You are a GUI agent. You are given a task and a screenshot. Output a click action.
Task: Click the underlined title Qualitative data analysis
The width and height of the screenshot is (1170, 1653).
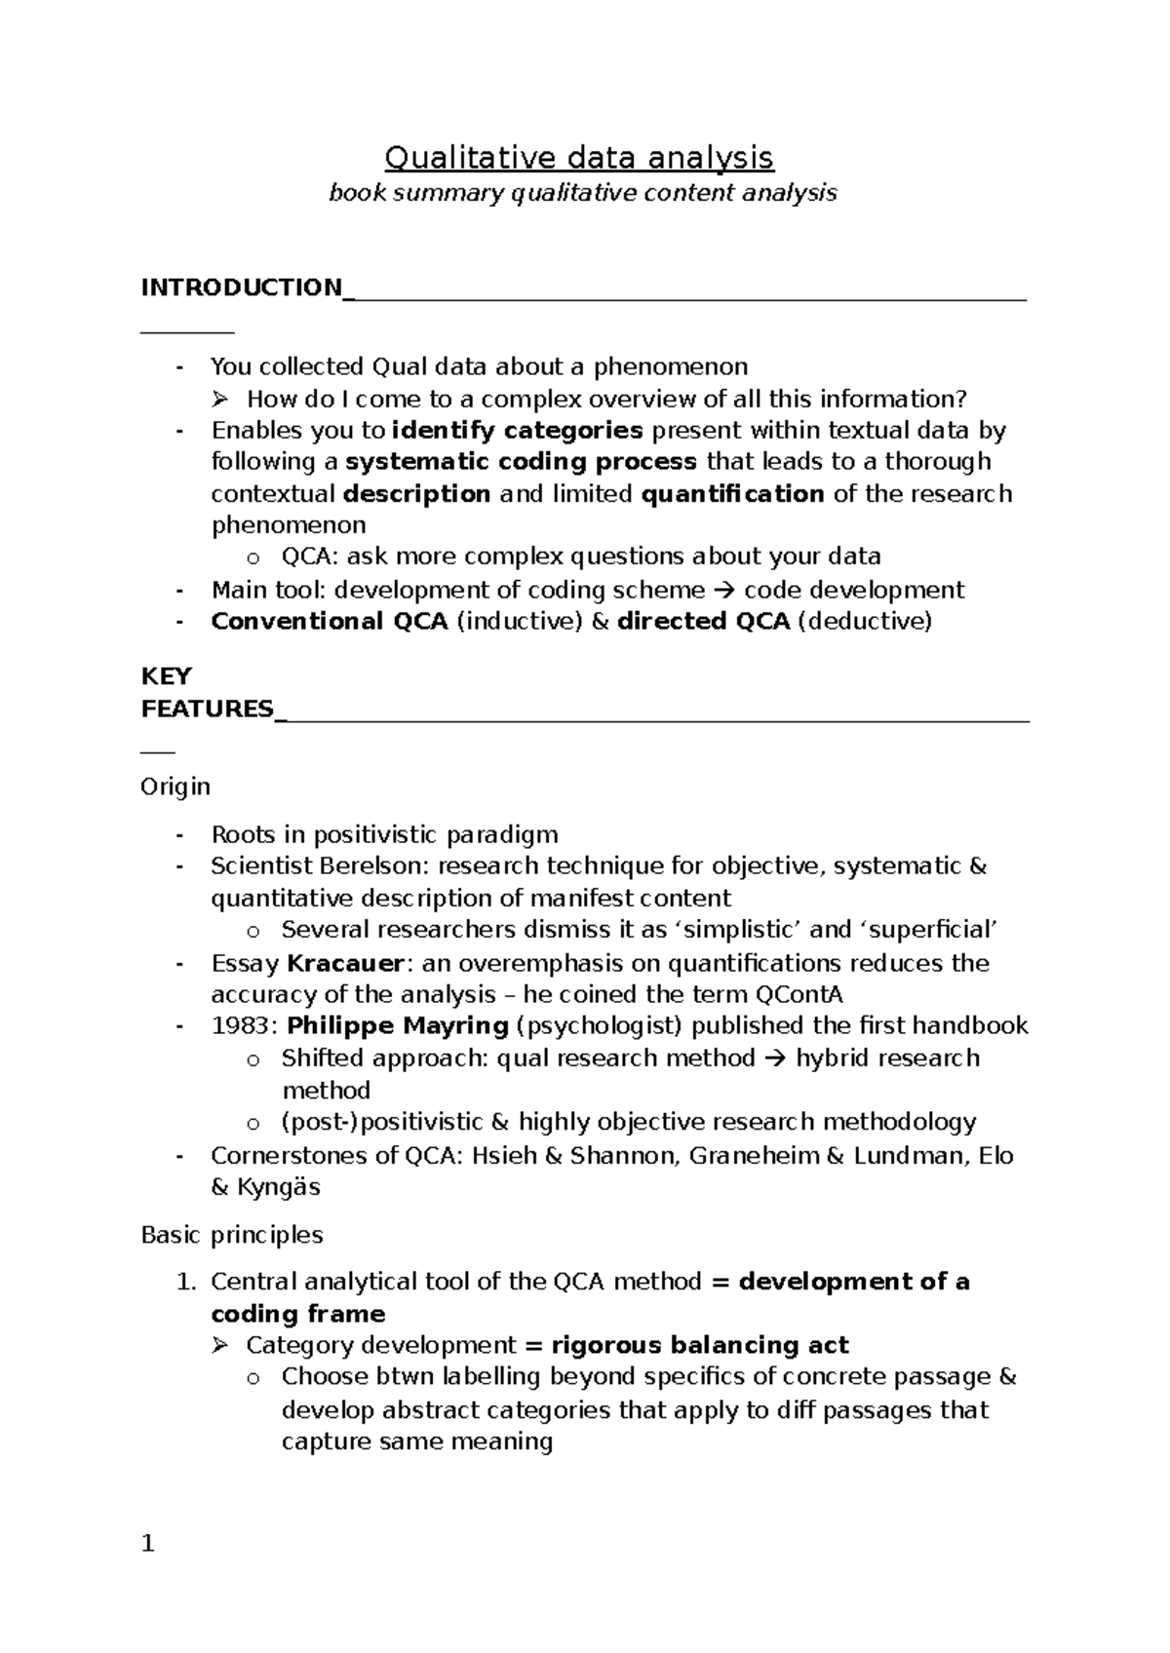click(x=579, y=157)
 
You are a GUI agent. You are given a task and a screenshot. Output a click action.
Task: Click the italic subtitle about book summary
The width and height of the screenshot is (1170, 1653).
click(x=582, y=193)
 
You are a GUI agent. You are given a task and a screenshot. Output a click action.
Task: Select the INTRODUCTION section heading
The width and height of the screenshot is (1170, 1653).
click(x=241, y=288)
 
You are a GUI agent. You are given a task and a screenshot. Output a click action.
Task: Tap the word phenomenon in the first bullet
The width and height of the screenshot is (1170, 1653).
click(x=671, y=366)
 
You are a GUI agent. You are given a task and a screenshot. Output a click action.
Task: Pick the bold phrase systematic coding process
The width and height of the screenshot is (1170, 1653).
click(x=522, y=461)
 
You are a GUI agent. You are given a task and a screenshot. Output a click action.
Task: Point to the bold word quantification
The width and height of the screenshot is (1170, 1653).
click(x=732, y=494)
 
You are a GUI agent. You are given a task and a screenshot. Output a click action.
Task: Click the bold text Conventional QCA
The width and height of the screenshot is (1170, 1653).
click(x=329, y=621)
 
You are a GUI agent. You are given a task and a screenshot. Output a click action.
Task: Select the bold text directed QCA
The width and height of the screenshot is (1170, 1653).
click(x=703, y=621)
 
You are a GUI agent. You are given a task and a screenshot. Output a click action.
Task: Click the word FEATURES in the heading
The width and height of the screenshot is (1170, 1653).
click(x=208, y=709)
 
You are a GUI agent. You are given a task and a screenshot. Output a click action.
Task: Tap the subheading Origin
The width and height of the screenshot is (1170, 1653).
click(x=175, y=787)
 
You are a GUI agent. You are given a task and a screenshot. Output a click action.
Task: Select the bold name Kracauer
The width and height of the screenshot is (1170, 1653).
click(x=345, y=963)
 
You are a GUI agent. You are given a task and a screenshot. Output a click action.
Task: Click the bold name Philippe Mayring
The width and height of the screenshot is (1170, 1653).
click(x=398, y=1025)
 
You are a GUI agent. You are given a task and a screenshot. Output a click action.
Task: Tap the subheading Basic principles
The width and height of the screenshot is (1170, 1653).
click(x=231, y=1235)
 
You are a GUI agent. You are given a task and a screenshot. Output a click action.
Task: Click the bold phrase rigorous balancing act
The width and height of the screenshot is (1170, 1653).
click(x=699, y=1345)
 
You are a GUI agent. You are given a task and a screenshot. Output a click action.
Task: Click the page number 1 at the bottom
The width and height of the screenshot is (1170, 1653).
click(x=148, y=1544)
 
